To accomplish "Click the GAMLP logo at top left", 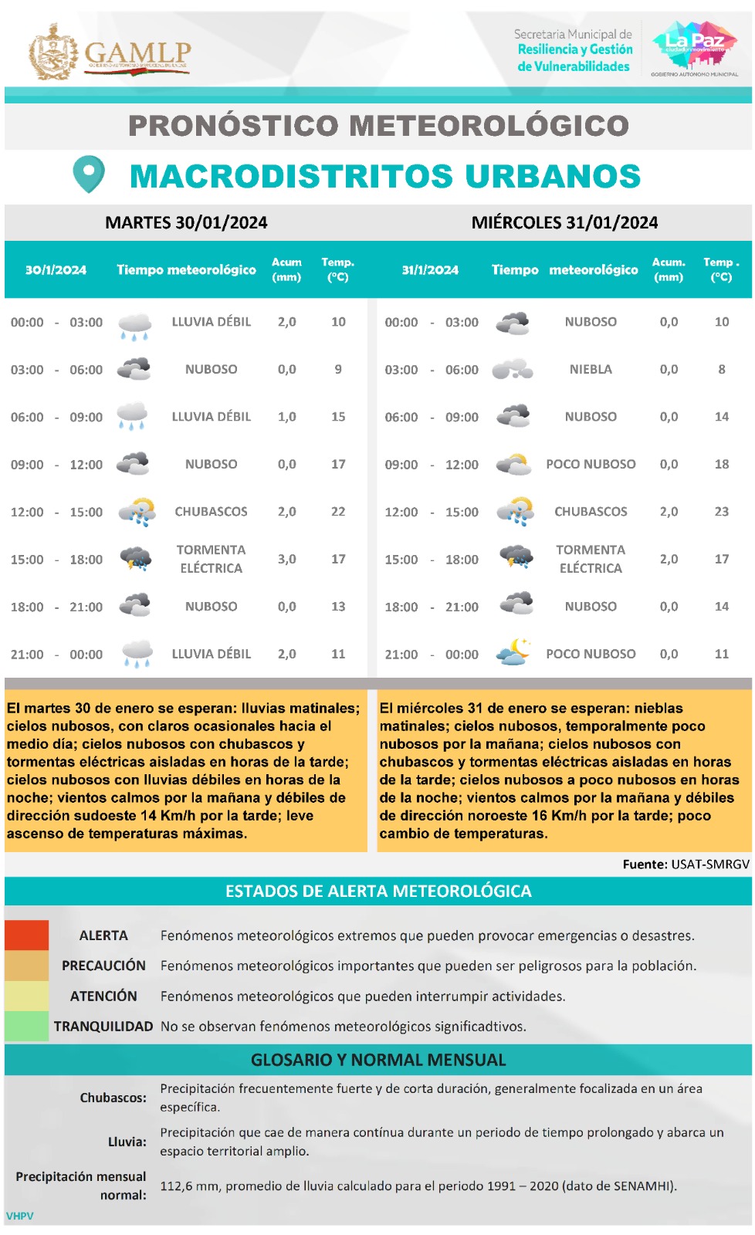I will (110, 52).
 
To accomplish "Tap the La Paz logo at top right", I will (694, 47).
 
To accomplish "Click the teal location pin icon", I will (89, 174).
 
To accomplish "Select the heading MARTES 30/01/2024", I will (186, 223).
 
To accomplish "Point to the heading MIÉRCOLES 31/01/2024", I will (564, 223).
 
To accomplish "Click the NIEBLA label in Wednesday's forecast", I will (591, 370).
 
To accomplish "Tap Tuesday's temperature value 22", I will (338, 512).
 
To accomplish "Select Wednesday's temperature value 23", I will (721, 512).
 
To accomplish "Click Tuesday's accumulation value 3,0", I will (286, 559).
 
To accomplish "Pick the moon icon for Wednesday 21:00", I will (514, 652).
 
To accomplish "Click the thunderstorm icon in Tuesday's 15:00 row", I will (136, 558).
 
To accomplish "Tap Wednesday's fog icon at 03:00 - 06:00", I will (513, 370).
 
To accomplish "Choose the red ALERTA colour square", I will (27, 935).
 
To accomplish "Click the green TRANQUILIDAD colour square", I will (27, 1026).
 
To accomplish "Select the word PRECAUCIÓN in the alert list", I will (103, 966).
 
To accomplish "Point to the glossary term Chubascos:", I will (113, 1098).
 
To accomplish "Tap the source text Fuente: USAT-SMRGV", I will (686, 864).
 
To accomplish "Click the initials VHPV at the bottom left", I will (20, 1216).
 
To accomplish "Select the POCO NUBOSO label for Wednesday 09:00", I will (591, 465).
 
